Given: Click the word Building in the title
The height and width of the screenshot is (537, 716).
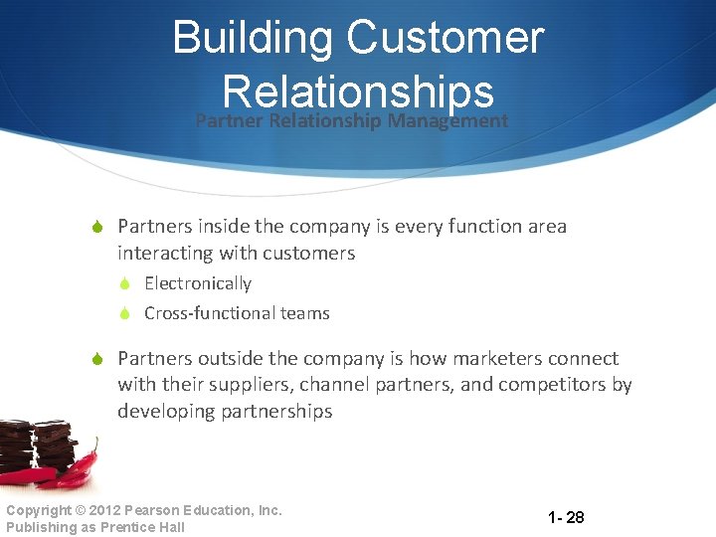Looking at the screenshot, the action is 253,39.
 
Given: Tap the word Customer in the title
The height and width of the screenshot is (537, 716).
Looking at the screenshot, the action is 446,39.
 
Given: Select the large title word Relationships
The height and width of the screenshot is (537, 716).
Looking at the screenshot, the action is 359,91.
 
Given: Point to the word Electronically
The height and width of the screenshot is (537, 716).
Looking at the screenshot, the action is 198,283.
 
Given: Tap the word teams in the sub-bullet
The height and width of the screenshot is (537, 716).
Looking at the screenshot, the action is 304,313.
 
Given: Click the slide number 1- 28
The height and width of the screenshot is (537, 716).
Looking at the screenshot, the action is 566,517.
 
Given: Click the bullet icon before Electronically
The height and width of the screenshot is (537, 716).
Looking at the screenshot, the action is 126,284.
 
